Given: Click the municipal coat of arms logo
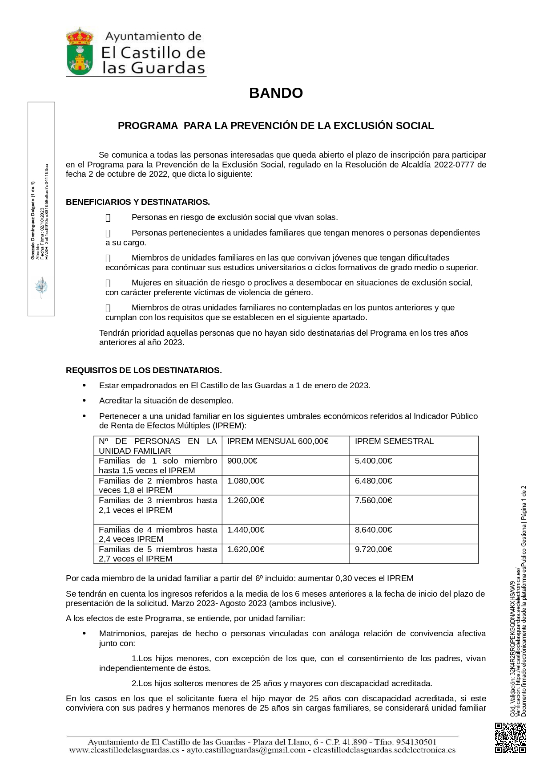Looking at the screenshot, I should (x=80, y=52).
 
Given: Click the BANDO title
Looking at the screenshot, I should (x=276, y=93).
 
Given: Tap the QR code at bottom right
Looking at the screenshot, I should (x=510, y=738).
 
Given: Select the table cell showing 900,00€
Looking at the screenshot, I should (x=242, y=461).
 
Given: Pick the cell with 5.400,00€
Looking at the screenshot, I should (x=373, y=461).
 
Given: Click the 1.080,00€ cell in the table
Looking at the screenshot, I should (x=246, y=481).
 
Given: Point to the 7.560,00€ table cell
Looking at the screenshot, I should (x=373, y=500).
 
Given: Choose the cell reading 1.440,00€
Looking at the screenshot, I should (x=246, y=530).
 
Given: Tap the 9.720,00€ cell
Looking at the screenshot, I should (x=373, y=549).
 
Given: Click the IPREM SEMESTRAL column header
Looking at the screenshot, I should (x=394, y=441).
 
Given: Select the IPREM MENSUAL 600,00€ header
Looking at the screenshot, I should (x=278, y=441).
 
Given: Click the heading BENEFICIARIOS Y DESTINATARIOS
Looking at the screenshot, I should (x=138, y=202).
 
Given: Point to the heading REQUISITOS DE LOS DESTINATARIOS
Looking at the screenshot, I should (x=144, y=370).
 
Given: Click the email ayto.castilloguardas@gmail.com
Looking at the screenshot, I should (x=246, y=750).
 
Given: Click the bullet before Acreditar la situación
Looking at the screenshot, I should (x=84, y=401).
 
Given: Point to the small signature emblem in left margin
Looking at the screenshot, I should (x=41, y=287).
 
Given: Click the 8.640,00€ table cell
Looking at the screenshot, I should (x=373, y=530).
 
